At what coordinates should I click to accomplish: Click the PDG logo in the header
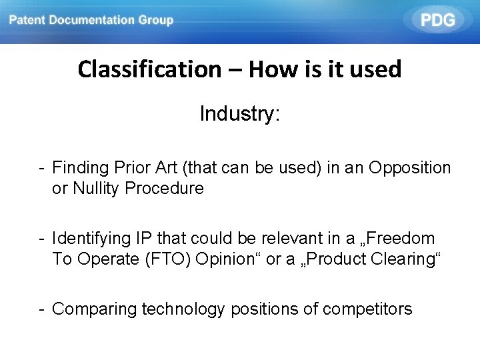[438, 20]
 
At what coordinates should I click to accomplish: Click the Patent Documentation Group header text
[91, 20]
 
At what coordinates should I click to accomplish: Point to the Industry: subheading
[240, 114]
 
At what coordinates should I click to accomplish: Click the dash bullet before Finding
[41, 168]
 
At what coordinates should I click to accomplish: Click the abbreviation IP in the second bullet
[143, 239]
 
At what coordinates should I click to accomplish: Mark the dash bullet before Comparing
[41, 309]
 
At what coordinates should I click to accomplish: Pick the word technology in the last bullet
[183, 309]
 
